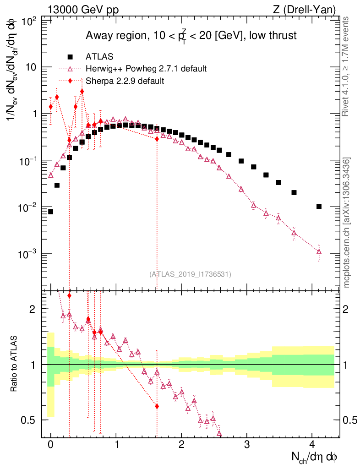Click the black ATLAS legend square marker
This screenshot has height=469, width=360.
click(x=70, y=57)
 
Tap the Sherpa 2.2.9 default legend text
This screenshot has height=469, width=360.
click(x=125, y=81)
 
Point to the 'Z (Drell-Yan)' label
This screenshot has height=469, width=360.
click(x=309, y=9)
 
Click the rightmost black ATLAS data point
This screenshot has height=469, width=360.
click(x=319, y=207)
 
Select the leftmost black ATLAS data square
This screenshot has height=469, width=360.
click(x=50, y=212)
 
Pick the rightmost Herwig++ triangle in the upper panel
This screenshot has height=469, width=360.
click(x=319, y=251)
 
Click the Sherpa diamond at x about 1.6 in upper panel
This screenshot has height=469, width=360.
click(x=157, y=138)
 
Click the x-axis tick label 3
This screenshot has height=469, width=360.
click(x=247, y=445)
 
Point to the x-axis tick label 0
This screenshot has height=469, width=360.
click(x=50, y=445)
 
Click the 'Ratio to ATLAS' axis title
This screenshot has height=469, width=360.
click(x=15, y=365)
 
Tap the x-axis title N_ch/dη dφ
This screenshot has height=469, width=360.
click(x=315, y=457)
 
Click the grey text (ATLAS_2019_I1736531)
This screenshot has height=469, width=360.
click(x=190, y=274)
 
